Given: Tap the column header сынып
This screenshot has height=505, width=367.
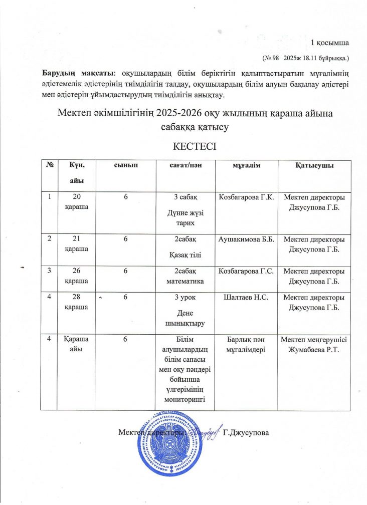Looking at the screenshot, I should coord(125,165).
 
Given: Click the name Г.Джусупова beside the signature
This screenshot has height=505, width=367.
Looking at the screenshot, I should coord(246,432).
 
